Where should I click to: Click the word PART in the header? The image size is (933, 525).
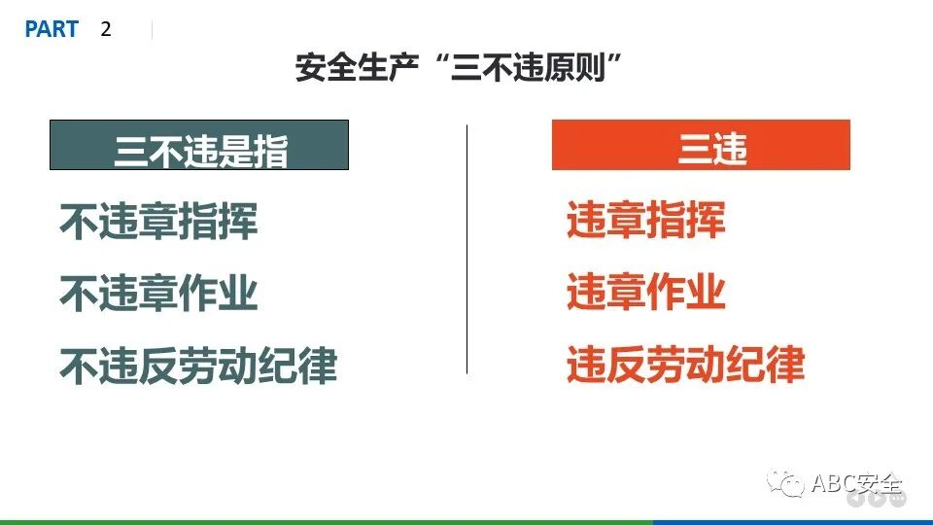pos(52,29)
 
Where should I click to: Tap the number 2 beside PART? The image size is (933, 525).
pos(106,29)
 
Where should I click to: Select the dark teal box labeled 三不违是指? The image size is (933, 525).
pos(199,146)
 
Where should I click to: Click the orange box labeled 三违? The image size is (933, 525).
pos(701,146)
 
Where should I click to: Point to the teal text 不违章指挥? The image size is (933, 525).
pos(159,222)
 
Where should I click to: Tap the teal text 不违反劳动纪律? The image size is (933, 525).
pos(198,366)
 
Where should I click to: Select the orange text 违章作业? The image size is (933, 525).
pos(646,292)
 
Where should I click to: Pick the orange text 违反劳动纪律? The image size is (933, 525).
pos(686,365)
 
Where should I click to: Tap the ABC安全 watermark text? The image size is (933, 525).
pos(856,483)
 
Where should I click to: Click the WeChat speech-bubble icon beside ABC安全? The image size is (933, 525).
pos(785,483)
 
